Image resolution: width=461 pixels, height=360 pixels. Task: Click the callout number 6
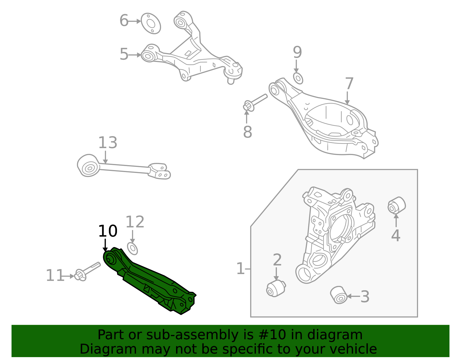(x=124, y=21)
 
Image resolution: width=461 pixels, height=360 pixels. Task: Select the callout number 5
(x=124, y=54)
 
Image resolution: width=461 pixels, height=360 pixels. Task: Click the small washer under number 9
(x=298, y=78)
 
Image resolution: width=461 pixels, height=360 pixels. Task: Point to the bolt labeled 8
(x=255, y=102)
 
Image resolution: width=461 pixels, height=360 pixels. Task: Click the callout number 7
(x=349, y=84)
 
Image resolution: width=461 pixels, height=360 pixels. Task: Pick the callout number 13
(x=108, y=143)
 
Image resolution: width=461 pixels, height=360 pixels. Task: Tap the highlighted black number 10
(x=108, y=231)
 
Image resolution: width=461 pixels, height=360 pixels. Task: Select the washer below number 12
(x=133, y=248)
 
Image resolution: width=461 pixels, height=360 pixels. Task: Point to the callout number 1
(x=240, y=269)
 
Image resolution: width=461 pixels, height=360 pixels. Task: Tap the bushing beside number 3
(x=339, y=295)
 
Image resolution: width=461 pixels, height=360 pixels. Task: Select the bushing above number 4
(x=396, y=205)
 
